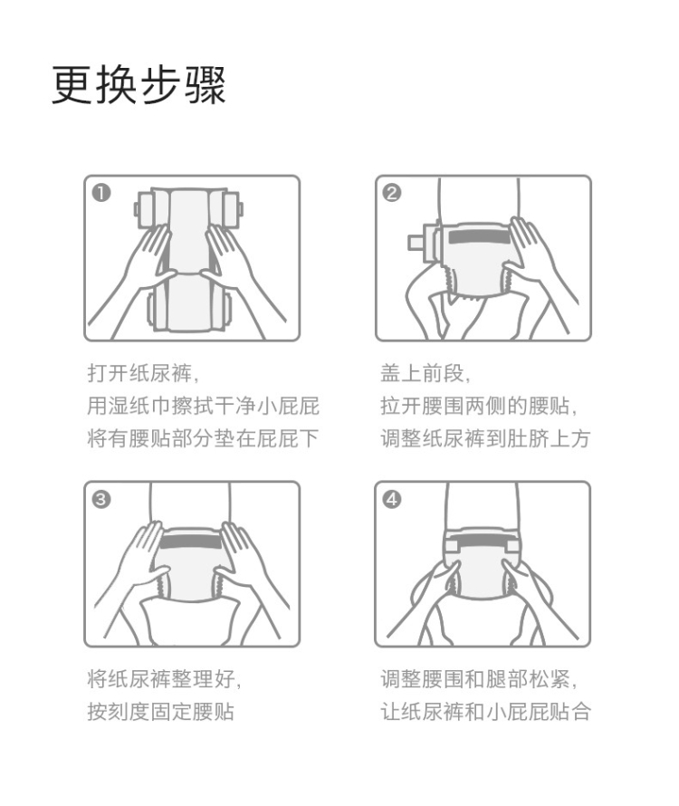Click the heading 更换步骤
(x=139, y=85)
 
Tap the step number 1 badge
(x=101, y=193)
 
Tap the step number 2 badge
(x=392, y=193)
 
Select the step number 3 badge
(x=101, y=499)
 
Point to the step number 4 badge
(x=392, y=499)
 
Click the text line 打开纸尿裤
(x=143, y=373)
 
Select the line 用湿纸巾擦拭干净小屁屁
(x=203, y=406)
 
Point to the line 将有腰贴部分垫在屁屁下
(x=203, y=438)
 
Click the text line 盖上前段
(x=426, y=373)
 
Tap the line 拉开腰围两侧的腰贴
(x=479, y=406)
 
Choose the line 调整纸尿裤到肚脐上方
(x=485, y=438)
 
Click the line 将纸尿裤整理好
(x=164, y=679)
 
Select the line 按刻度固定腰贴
(x=160, y=712)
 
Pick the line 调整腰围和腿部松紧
(x=479, y=679)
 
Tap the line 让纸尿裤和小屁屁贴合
(x=485, y=712)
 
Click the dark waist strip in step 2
(x=479, y=237)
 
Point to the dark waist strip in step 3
(x=191, y=542)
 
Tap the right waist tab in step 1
(x=233, y=210)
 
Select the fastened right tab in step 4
(x=512, y=543)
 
